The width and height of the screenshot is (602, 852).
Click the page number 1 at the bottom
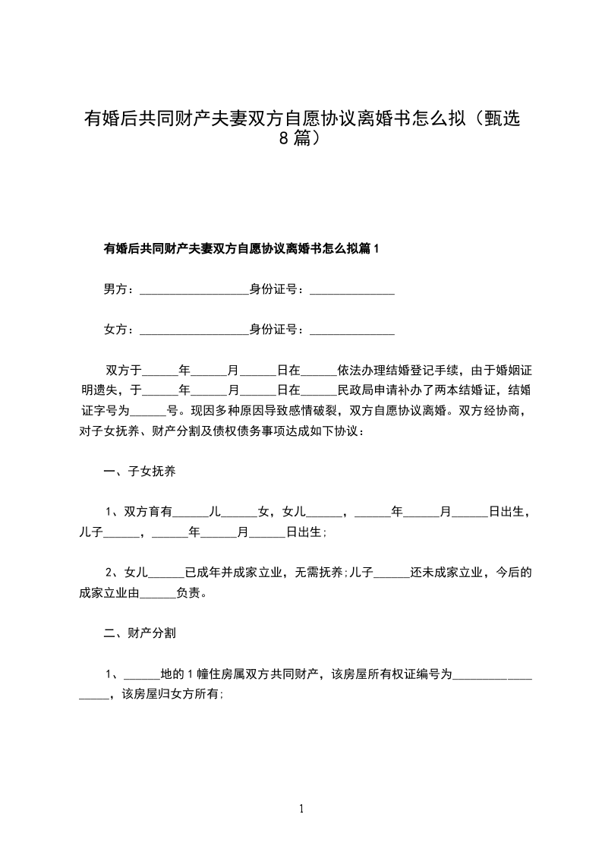pos(301,809)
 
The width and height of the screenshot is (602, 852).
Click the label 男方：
pos(120,289)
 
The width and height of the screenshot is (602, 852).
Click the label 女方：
pos(120,330)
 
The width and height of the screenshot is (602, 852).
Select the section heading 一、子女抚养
pos(140,472)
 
